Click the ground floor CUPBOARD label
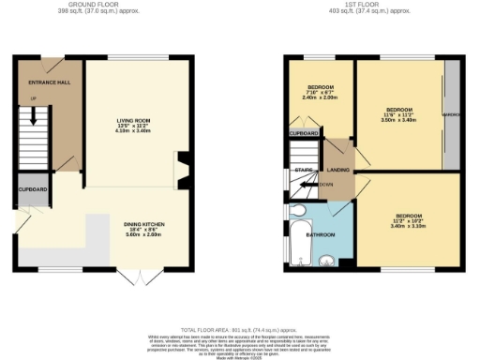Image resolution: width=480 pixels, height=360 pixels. (x=32, y=189)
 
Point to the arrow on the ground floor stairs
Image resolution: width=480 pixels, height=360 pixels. (x=35, y=117)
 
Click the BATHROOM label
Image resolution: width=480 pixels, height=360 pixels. (x=322, y=234)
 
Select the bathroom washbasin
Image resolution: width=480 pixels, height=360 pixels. (x=326, y=261)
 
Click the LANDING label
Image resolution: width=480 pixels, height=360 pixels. (x=337, y=170)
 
